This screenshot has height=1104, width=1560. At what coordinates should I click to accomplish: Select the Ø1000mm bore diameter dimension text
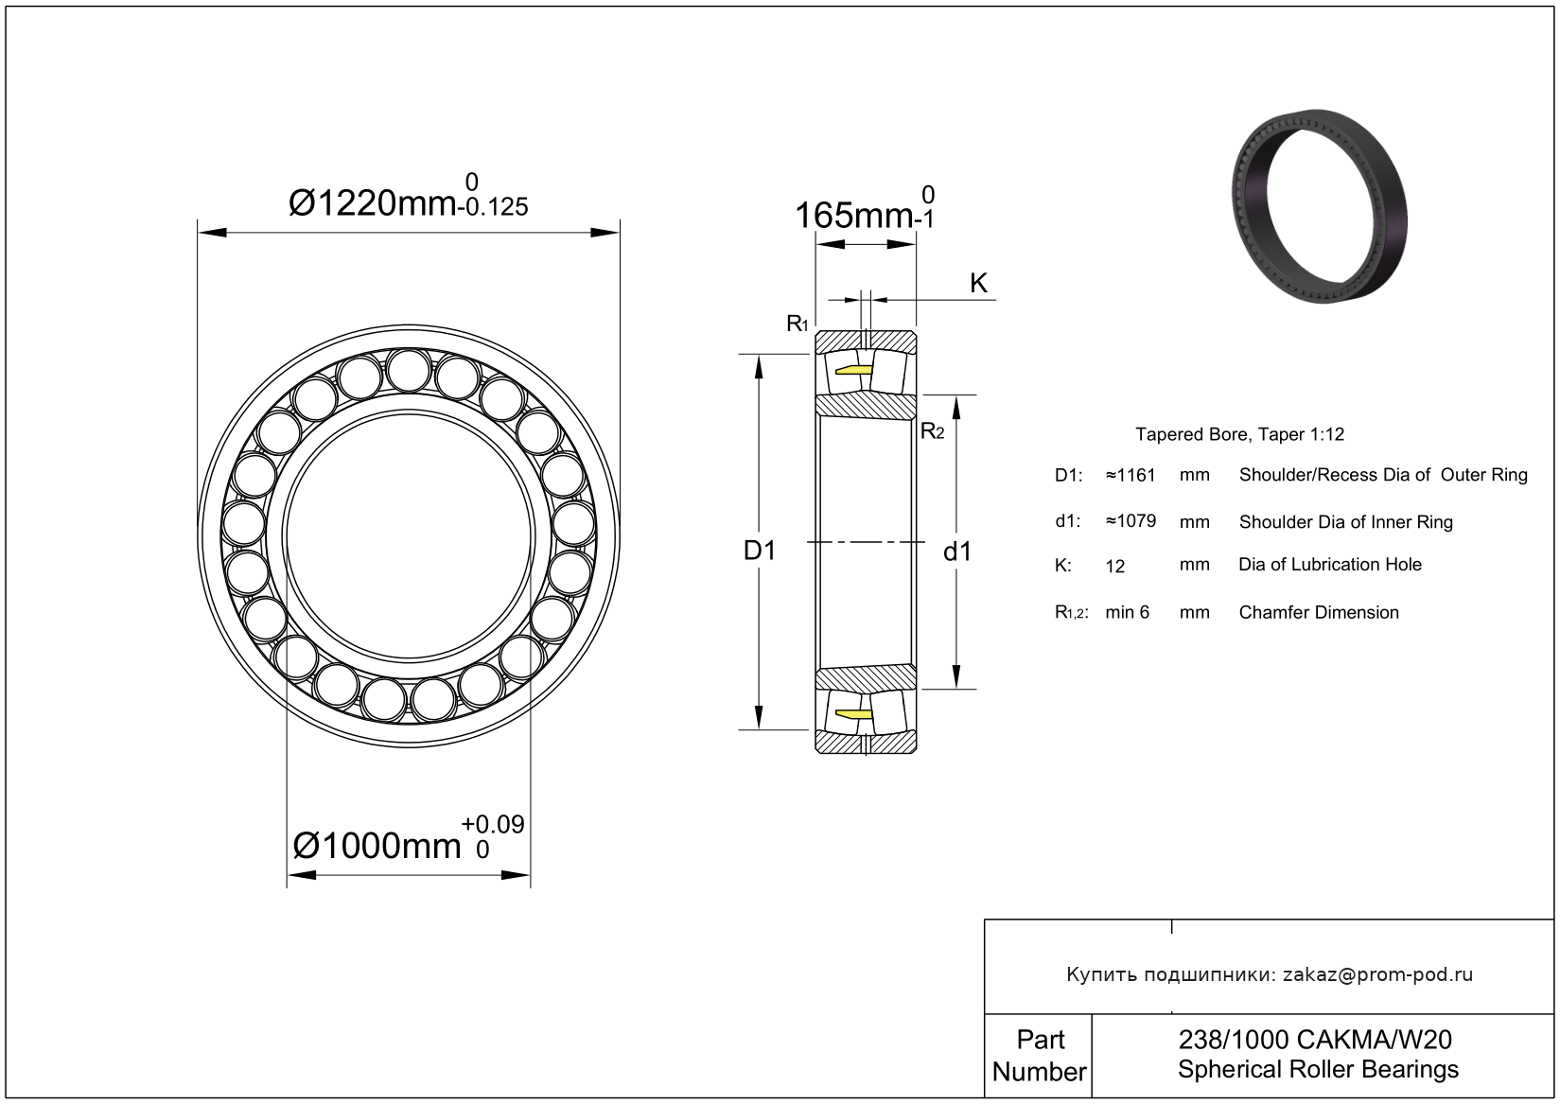tap(408, 839)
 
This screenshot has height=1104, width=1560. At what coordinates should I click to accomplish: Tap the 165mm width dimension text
tap(865, 208)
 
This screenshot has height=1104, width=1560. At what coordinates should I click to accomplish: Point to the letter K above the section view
tap(978, 283)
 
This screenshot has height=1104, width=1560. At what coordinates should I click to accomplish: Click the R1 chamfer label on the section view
tap(798, 324)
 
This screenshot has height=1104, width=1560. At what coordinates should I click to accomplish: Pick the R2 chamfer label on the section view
tap(933, 431)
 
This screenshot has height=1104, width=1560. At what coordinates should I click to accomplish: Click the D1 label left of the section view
tap(759, 551)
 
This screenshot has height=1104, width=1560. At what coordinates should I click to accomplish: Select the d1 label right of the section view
tap(956, 552)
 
